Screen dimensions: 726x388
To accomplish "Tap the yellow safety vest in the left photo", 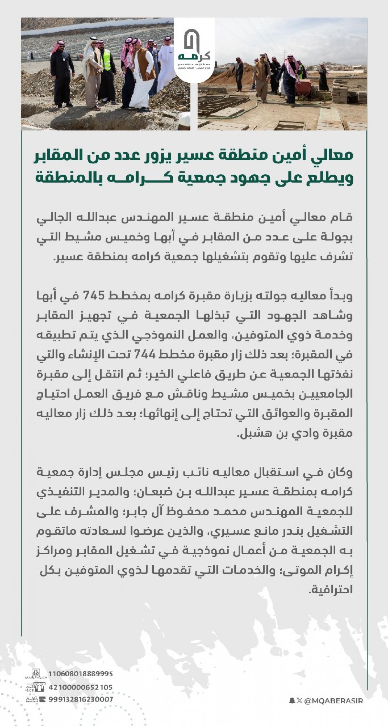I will (106, 60).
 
